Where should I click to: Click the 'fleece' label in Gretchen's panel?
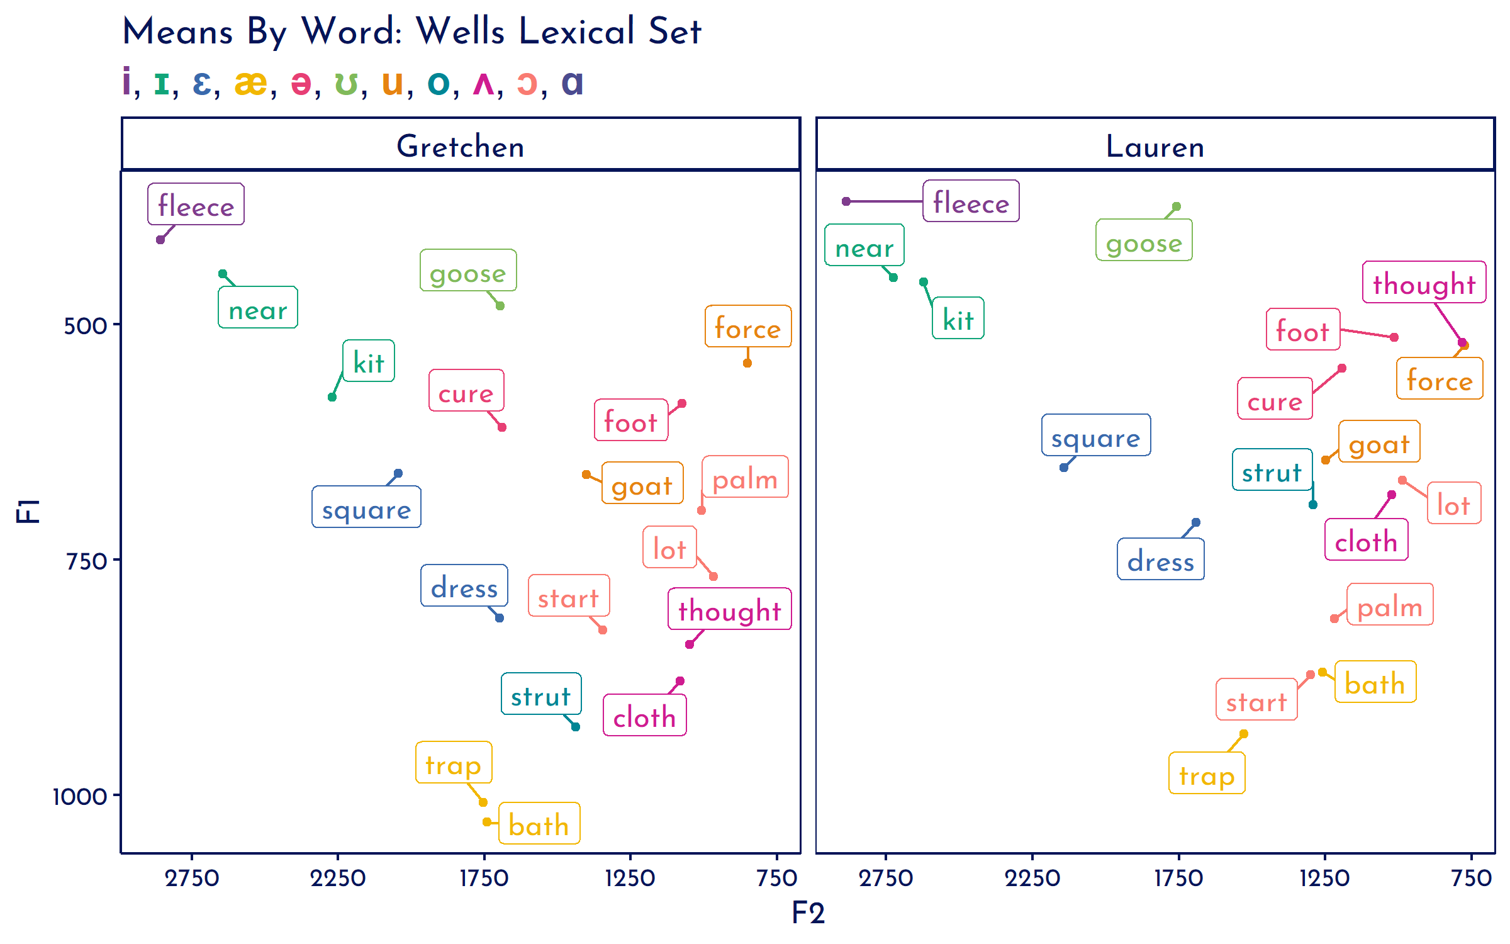click(196, 205)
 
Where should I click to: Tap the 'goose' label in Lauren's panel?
click(1144, 240)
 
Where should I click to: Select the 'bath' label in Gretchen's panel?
click(539, 824)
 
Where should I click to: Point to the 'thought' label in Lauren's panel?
click(1424, 283)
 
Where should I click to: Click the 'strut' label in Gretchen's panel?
click(541, 694)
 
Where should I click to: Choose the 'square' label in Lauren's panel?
click(1096, 435)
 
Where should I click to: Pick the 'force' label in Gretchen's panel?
click(748, 327)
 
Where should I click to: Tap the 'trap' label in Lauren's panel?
click(1207, 773)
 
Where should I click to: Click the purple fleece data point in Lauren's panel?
click(846, 201)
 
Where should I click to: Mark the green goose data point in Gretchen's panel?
click(500, 306)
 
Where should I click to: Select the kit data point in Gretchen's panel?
click(332, 397)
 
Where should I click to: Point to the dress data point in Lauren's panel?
click(1196, 522)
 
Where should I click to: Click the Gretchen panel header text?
click(461, 146)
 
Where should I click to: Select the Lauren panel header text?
click(1155, 146)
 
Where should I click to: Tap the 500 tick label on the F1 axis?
click(86, 326)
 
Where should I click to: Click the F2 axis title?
click(808, 913)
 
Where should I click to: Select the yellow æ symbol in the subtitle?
click(250, 82)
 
